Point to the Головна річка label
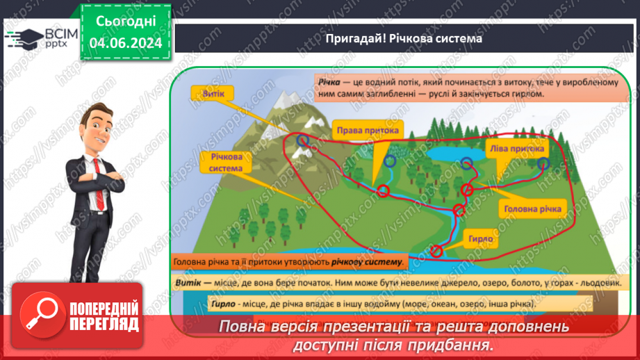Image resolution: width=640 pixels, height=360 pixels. (533, 208)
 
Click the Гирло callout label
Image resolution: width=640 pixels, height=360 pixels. (480, 239)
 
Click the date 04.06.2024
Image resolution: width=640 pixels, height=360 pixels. (125, 42)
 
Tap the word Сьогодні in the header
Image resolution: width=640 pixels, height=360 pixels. (125, 22)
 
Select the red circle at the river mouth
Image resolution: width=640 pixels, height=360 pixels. (436, 251)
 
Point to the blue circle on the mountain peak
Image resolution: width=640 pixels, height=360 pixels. (302, 141)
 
